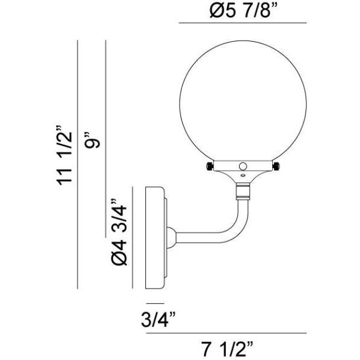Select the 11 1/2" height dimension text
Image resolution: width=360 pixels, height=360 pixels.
tap(62, 156)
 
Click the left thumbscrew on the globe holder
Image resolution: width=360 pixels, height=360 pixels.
tap(209, 166)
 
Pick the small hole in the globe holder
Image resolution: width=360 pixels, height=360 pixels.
tap(243, 165)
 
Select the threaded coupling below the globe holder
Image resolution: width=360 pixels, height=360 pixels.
tap(242, 192)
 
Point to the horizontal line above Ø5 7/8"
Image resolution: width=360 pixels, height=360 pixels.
tap(243, 23)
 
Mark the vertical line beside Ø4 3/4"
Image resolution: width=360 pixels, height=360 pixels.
tap(133, 236)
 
